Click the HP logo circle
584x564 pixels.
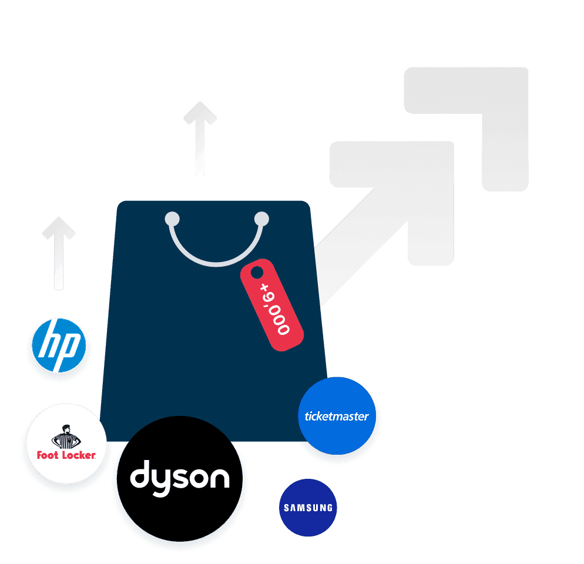tap(59, 345)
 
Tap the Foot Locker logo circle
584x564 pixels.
tap(66, 443)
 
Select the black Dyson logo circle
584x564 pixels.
tap(179, 478)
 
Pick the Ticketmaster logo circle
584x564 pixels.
tap(337, 415)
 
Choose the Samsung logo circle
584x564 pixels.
tap(308, 508)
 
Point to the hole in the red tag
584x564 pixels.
tap(257, 273)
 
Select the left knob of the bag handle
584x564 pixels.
tap(172, 220)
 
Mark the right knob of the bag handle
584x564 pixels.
tap(261, 220)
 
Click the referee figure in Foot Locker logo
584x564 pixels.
tap(65, 437)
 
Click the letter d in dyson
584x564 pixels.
tap(141, 475)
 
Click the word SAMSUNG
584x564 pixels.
tap(308, 508)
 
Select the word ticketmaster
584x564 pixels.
tap(337, 417)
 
